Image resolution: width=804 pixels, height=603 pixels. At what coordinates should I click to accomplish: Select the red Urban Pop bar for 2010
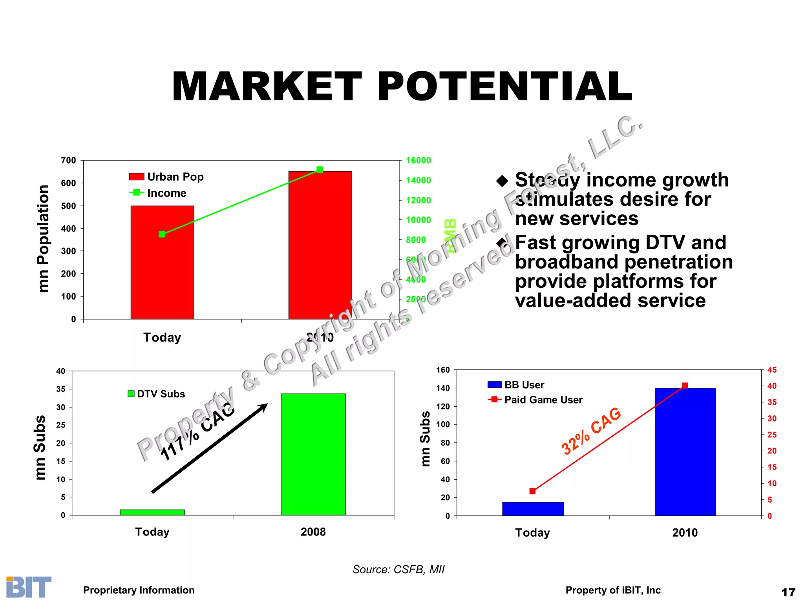pyautogui.click(x=320, y=251)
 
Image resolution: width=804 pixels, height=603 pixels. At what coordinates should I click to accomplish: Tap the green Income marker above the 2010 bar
pyautogui.click(x=320, y=170)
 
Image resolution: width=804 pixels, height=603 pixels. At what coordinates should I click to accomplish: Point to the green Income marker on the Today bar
pyautogui.click(x=162, y=234)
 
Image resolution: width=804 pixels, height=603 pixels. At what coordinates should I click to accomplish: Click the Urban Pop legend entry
pyautogui.click(x=166, y=177)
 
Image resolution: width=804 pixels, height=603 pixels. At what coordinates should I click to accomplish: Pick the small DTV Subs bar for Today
pyautogui.click(x=152, y=512)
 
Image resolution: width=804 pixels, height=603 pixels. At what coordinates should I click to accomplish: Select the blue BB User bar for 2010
pyautogui.click(x=685, y=451)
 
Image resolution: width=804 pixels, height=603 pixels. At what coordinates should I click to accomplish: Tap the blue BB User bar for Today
pyautogui.click(x=533, y=509)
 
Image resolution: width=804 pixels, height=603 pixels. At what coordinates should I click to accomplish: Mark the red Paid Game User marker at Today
pyautogui.click(x=532, y=491)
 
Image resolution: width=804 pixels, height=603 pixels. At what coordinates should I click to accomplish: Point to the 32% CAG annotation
pyautogui.click(x=591, y=431)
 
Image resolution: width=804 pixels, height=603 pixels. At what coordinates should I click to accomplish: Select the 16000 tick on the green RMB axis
pyautogui.click(x=418, y=161)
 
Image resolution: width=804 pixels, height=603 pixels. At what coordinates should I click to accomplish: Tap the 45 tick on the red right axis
pyautogui.click(x=772, y=370)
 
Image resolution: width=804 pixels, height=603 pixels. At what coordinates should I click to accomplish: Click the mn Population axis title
pyautogui.click(x=43, y=239)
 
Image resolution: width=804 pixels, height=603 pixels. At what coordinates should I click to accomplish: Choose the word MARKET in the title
pyautogui.click(x=267, y=87)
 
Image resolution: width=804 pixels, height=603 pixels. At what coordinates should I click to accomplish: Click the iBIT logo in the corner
pyautogui.click(x=29, y=587)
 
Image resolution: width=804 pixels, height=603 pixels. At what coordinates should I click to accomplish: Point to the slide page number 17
pyautogui.click(x=788, y=592)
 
